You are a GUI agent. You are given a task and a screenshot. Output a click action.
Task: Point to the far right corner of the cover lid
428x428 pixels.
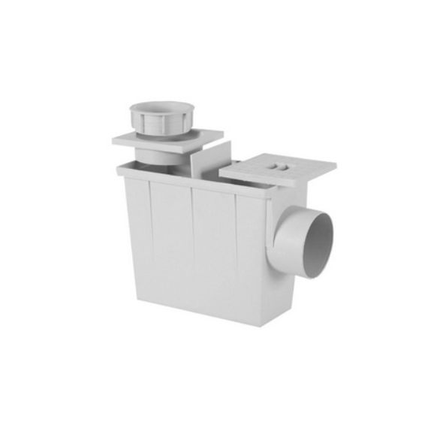pos(334,166)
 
